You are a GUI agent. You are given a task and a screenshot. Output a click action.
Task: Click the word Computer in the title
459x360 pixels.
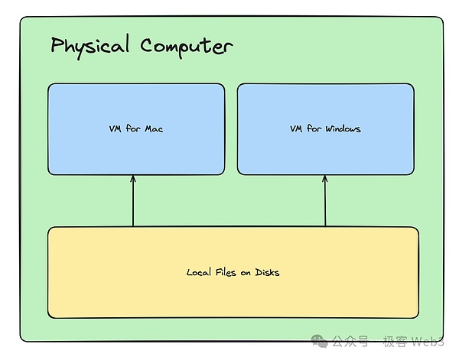click(x=186, y=46)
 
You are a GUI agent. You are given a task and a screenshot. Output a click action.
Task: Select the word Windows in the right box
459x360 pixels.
click(x=343, y=129)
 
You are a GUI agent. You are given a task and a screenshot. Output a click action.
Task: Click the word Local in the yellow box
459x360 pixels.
click(x=199, y=272)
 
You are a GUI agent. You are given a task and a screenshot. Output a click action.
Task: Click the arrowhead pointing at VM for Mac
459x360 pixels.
click(x=133, y=180)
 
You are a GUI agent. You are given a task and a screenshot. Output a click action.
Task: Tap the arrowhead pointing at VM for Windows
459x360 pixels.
click(x=326, y=180)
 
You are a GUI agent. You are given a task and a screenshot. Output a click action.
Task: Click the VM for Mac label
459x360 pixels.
click(x=136, y=129)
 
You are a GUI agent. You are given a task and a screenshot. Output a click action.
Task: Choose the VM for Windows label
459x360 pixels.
click(x=325, y=129)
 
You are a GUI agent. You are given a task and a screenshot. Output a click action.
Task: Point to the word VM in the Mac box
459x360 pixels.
click(x=116, y=129)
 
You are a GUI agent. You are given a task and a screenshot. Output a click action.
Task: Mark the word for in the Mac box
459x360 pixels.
click(x=133, y=129)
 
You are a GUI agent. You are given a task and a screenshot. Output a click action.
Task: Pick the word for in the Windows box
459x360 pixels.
click(x=314, y=129)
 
